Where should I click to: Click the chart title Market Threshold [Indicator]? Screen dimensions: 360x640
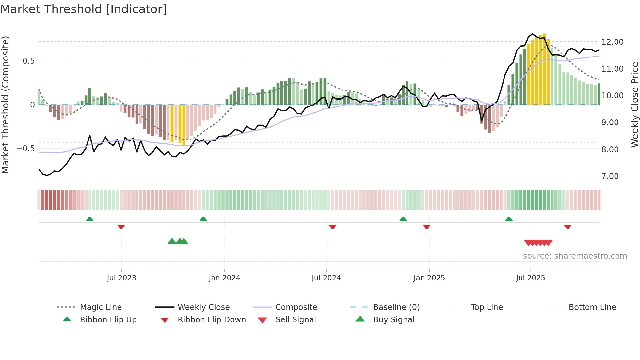[x=84, y=9]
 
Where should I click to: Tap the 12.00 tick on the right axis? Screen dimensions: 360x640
[x=612, y=42]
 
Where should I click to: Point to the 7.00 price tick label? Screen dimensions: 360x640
[x=610, y=176]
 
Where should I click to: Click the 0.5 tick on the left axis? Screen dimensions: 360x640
[x=28, y=61]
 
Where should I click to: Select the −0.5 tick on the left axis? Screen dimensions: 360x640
[x=25, y=149]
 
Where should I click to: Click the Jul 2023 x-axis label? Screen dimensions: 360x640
[x=121, y=278]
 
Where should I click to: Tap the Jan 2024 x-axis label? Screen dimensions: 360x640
[x=224, y=278]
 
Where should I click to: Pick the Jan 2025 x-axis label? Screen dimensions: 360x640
[x=429, y=278]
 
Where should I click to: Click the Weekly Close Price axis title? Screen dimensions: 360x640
[x=634, y=105]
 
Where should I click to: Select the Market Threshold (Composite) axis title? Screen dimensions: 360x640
[x=5, y=105]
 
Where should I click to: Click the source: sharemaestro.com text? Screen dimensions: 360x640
[x=575, y=256]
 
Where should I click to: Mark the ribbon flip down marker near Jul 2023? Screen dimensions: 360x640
[x=121, y=227]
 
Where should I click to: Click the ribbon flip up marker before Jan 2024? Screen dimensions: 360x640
[x=203, y=219]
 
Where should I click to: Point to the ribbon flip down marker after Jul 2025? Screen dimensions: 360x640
[x=568, y=227]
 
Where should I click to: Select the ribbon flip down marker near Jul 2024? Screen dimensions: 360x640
[x=333, y=227]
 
